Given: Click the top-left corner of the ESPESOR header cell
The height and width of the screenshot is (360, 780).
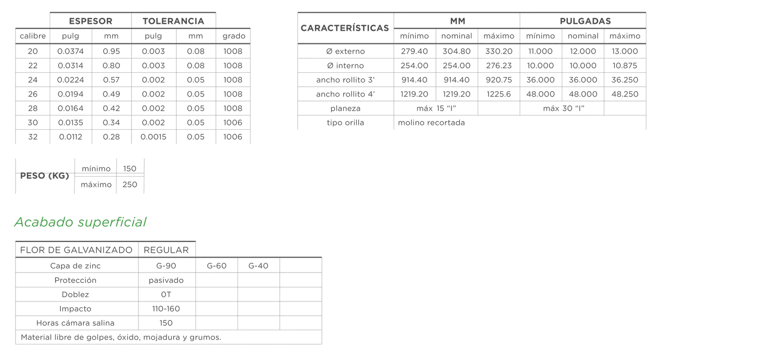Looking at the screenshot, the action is click(x=50, y=13).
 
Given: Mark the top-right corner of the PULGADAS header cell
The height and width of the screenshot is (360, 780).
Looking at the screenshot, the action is click(x=646, y=13).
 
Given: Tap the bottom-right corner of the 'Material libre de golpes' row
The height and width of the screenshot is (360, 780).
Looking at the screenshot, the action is click(x=322, y=344).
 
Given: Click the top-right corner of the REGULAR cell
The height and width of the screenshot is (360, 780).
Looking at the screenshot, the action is click(x=195, y=241).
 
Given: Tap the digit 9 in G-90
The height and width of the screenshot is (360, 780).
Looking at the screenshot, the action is click(x=168, y=266).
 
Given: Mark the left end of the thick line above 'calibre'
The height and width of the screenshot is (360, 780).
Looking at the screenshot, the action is click(x=15, y=28).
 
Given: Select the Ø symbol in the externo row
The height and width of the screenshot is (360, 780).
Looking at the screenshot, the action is click(x=330, y=51).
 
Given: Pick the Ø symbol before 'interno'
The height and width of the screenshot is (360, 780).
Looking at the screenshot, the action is click(x=330, y=65).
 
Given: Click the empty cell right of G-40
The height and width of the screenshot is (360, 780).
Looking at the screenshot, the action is click(x=301, y=265).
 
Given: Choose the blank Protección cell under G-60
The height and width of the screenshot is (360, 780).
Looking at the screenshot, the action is click(x=216, y=280).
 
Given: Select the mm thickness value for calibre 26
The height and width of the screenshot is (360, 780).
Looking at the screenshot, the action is click(x=112, y=94).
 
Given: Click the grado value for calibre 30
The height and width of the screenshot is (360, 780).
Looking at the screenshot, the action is click(x=233, y=122).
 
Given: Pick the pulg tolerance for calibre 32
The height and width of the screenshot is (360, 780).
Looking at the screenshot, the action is click(x=153, y=137).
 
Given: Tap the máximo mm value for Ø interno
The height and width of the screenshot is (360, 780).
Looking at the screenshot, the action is click(x=499, y=65).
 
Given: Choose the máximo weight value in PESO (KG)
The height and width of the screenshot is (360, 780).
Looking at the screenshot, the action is click(x=130, y=184).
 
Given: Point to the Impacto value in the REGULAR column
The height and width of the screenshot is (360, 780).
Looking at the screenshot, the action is click(x=166, y=309).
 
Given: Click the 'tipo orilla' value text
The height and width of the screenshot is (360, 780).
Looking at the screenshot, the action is click(x=431, y=122).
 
